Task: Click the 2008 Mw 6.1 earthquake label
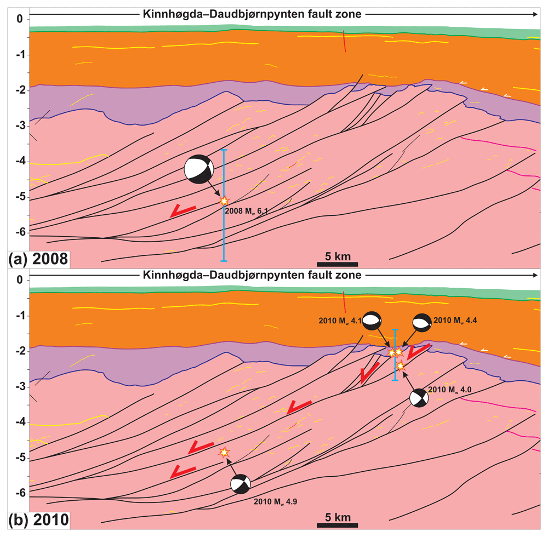click(x=247, y=211)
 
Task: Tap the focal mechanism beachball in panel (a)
click(x=199, y=169)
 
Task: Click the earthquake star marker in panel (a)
click(x=224, y=201)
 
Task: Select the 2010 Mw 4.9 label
click(x=276, y=502)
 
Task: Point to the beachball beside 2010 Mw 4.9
click(x=241, y=484)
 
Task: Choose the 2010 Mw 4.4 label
click(x=455, y=321)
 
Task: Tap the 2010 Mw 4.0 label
click(x=450, y=390)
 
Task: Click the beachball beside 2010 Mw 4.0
click(x=419, y=398)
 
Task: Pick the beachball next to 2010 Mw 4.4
click(x=422, y=323)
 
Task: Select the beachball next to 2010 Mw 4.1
click(x=372, y=321)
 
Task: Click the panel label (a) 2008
click(x=38, y=259)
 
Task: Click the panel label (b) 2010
click(x=38, y=520)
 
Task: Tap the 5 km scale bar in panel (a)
click(x=337, y=264)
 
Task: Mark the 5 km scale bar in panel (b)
click(x=337, y=525)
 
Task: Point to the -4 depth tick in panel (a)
click(x=21, y=161)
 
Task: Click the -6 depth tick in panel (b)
click(x=21, y=493)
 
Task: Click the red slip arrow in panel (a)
click(x=182, y=211)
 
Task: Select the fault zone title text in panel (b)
click(x=252, y=275)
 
